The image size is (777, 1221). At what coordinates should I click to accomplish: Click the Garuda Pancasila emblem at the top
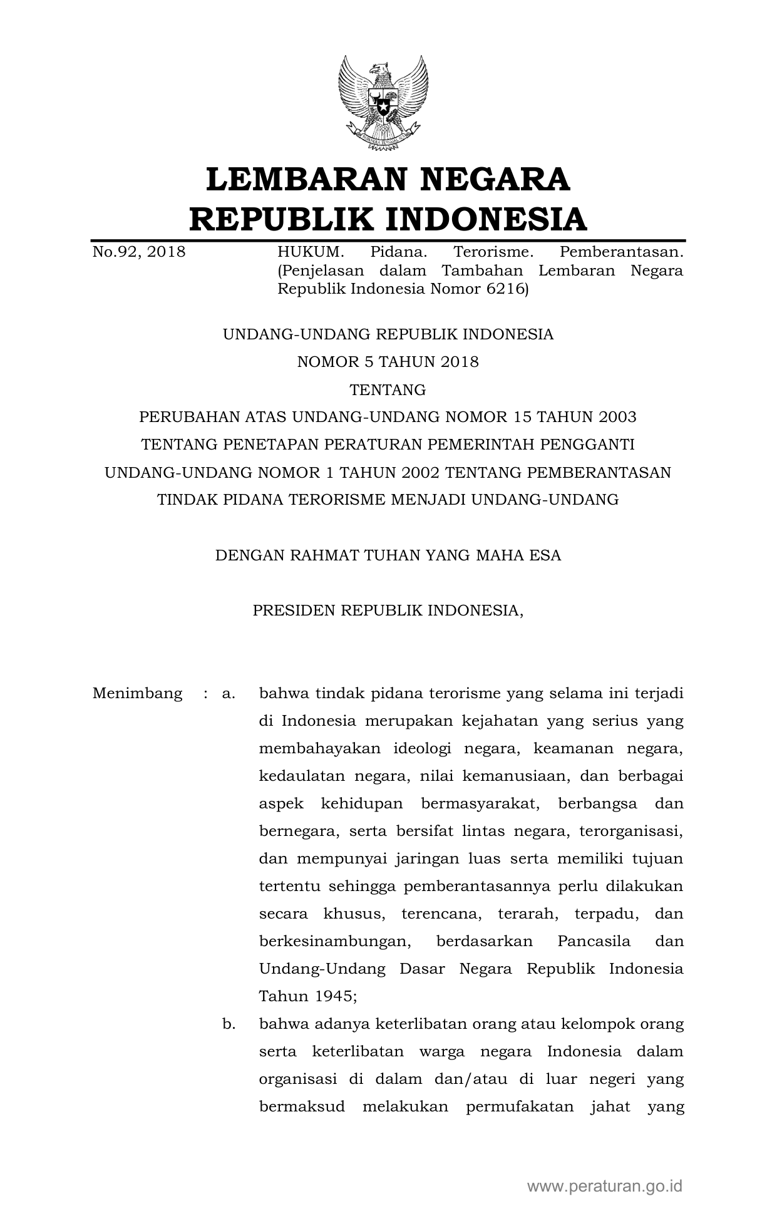383,103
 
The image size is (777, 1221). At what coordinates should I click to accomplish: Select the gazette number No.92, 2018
139,252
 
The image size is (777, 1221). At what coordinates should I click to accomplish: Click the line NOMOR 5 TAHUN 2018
388,362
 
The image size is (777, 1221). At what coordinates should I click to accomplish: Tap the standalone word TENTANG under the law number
388,389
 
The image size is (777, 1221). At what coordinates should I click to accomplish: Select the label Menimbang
137,694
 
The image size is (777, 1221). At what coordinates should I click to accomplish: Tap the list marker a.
228,694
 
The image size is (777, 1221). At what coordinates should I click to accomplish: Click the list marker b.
228,1024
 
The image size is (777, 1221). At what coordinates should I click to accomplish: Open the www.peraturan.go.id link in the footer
604,1186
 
